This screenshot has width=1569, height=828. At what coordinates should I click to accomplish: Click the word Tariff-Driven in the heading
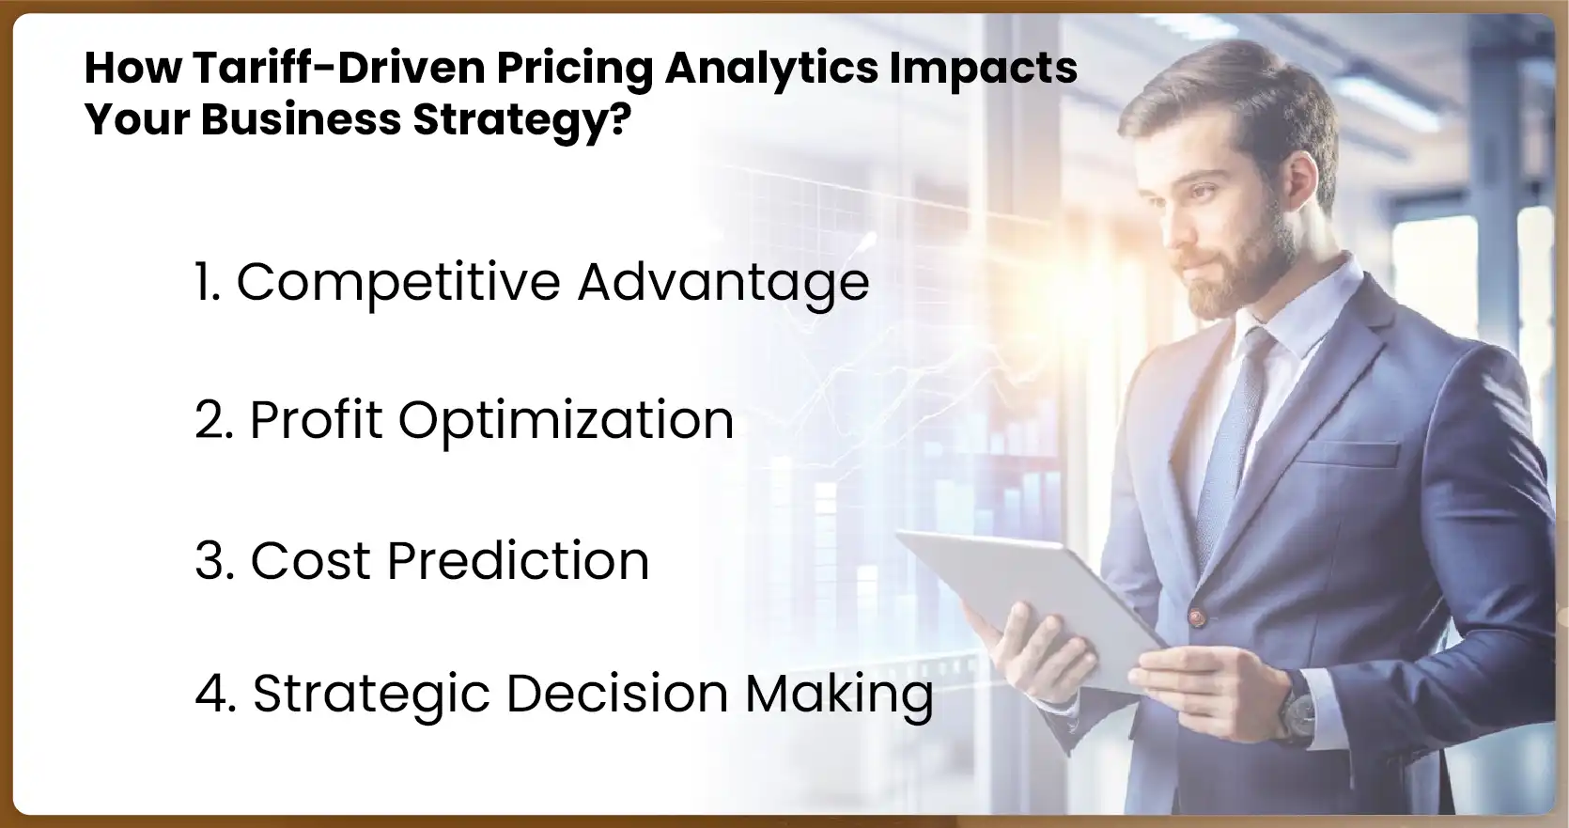point(339,68)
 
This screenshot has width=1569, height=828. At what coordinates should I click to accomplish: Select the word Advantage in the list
point(723,282)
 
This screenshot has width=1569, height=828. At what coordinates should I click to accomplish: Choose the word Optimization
point(566,420)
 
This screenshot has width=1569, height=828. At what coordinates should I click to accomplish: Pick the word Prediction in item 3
point(518,561)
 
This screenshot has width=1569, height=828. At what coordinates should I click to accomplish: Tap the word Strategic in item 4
point(371,695)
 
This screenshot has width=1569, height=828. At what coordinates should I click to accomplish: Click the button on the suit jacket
point(1197,617)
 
